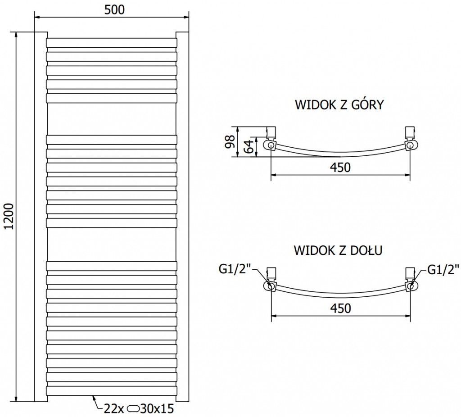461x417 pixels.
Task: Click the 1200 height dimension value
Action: [9, 216]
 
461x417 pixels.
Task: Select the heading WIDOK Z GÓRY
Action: [339, 105]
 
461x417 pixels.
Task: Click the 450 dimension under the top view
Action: [340, 168]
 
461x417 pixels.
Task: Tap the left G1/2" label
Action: [235, 270]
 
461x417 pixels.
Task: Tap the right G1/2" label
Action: [443, 270]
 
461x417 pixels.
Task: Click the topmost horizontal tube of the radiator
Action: [112, 42]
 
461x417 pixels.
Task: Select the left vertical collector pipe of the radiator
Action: [41, 216]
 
